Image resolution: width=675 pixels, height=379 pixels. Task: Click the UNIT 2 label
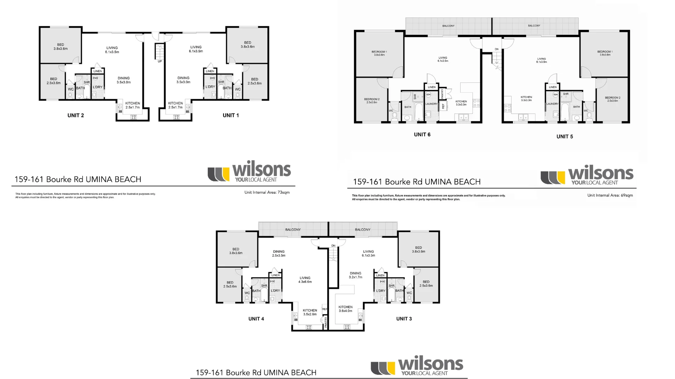(x=76, y=115)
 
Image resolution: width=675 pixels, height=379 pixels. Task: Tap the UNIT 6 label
(x=422, y=134)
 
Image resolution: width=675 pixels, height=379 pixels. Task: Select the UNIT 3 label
(x=404, y=319)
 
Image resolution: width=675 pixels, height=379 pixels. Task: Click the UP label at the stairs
(x=160, y=61)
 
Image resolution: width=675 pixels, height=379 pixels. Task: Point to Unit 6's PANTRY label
(x=442, y=93)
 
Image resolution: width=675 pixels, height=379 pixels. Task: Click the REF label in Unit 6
(x=443, y=106)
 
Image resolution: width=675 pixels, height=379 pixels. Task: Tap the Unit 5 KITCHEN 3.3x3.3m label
(x=526, y=99)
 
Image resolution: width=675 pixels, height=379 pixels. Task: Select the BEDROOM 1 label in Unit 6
(x=379, y=53)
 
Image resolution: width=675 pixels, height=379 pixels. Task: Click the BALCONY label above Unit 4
(x=293, y=230)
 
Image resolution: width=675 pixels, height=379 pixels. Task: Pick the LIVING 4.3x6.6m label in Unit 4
(x=305, y=280)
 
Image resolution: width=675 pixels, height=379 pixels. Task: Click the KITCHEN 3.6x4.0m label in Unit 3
(x=346, y=309)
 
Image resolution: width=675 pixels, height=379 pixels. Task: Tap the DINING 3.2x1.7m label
(x=355, y=275)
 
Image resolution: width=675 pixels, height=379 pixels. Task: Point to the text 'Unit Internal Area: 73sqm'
(x=267, y=192)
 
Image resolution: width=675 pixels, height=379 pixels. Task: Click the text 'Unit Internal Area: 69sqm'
(x=610, y=195)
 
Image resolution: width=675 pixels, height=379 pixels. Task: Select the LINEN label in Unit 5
(x=553, y=87)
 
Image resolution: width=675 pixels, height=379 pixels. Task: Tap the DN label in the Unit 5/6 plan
(x=496, y=49)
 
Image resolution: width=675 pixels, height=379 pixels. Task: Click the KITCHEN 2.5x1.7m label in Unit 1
(x=175, y=105)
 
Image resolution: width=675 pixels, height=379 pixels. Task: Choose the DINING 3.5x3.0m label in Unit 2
(x=123, y=80)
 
